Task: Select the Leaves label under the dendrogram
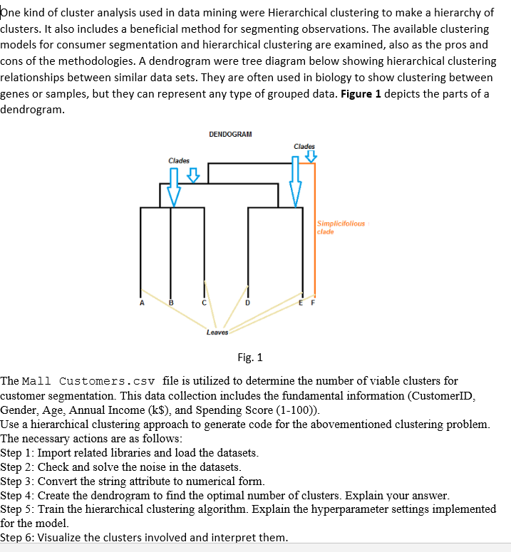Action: coord(217,332)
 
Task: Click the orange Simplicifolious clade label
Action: coord(341,227)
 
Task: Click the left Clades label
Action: coord(179,160)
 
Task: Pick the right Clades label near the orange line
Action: coord(304,146)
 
